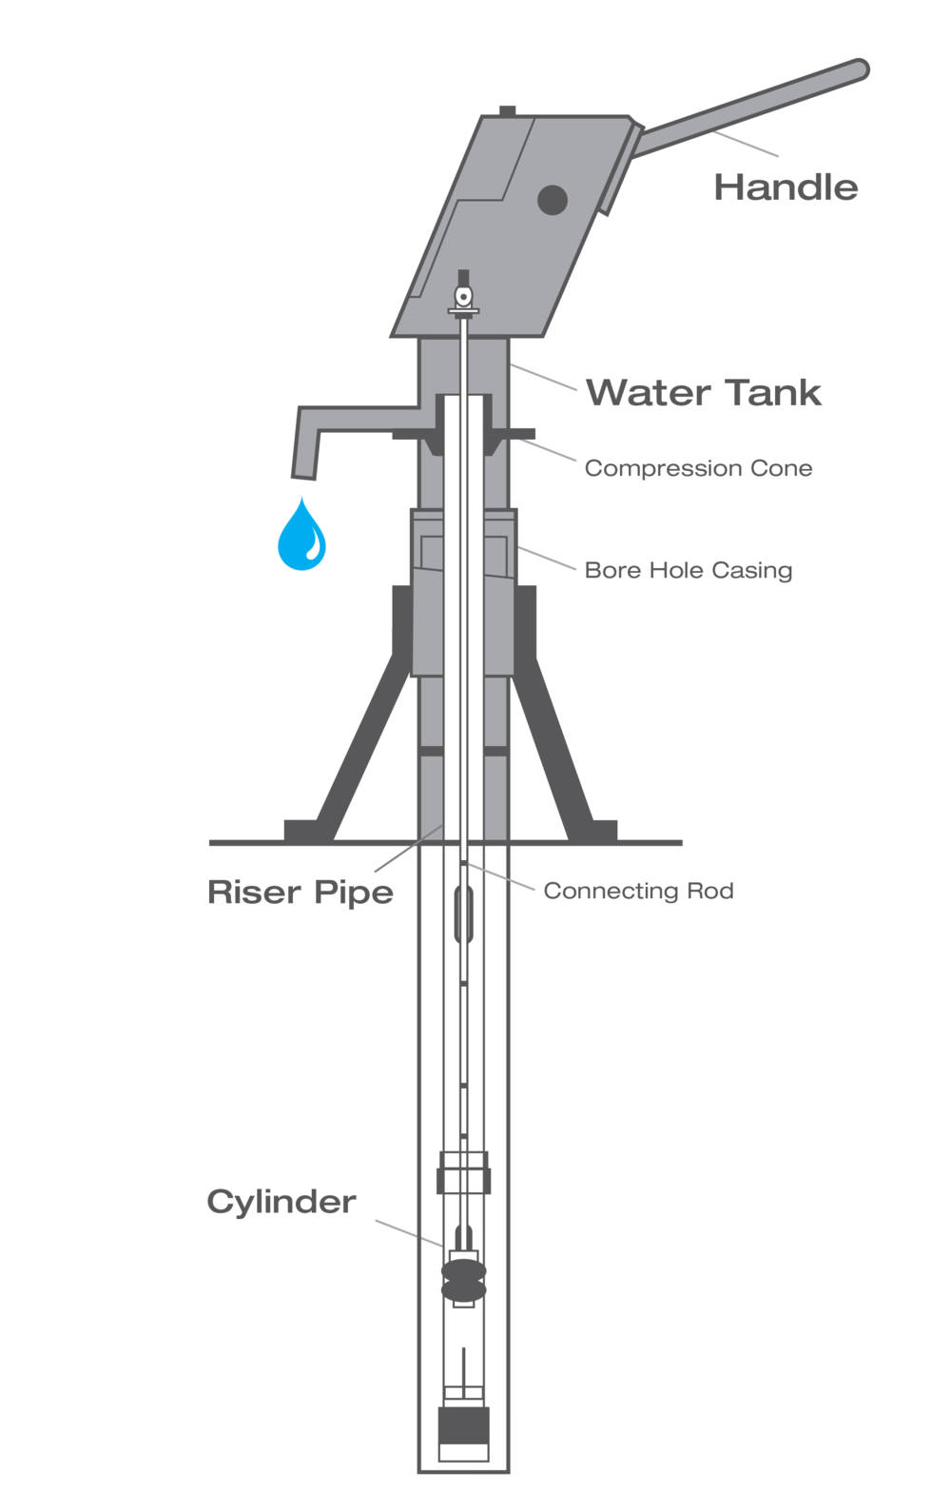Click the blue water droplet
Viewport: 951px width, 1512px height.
pos(301,535)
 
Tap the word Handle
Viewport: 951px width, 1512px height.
pos(786,187)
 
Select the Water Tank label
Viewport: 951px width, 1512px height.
pos(704,392)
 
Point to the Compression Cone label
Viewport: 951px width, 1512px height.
pos(698,468)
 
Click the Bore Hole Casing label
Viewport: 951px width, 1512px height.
pos(688,570)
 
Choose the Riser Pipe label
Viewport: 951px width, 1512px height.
pos(301,893)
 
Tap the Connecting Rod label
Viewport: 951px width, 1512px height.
pos(638,891)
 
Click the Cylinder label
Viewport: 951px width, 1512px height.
pos(281,1202)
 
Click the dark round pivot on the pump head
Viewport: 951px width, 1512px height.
pos(552,200)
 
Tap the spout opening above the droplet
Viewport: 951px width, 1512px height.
pos(303,476)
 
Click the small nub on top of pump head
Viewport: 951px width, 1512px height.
pos(507,110)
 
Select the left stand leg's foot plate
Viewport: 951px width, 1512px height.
pos(301,831)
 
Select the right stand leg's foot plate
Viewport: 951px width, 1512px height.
pos(602,831)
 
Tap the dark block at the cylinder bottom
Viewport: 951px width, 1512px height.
pos(463,1424)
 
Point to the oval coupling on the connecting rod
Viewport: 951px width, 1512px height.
pos(463,913)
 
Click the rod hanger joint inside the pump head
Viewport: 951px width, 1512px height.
pos(463,296)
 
